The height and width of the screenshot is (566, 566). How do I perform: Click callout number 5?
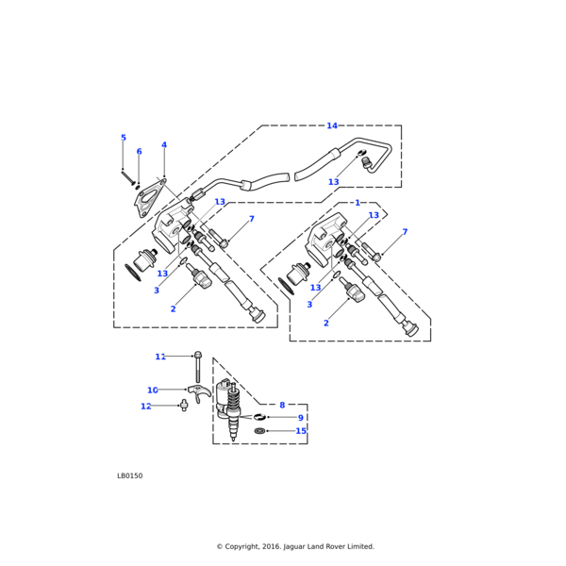tap(123, 138)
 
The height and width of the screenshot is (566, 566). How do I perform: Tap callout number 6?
tap(139, 152)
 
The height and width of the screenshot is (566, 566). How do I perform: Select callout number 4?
tap(164, 145)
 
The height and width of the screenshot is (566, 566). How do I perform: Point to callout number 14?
tap(332, 125)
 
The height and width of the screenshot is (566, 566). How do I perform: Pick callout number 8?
tap(281, 405)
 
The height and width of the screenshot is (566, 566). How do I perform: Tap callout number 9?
tap(301, 418)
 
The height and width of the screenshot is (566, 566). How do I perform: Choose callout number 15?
tap(301, 431)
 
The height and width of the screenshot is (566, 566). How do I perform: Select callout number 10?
tap(153, 390)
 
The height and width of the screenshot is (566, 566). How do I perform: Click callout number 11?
tap(160, 357)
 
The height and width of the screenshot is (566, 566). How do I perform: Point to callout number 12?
tap(146, 407)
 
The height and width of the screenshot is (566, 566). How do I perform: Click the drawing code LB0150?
tap(130, 476)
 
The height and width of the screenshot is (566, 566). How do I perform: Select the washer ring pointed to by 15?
tap(260, 431)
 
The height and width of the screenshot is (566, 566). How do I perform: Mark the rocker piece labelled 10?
tap(196, 392)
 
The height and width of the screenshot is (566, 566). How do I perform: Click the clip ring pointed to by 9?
tap(258, 417)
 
